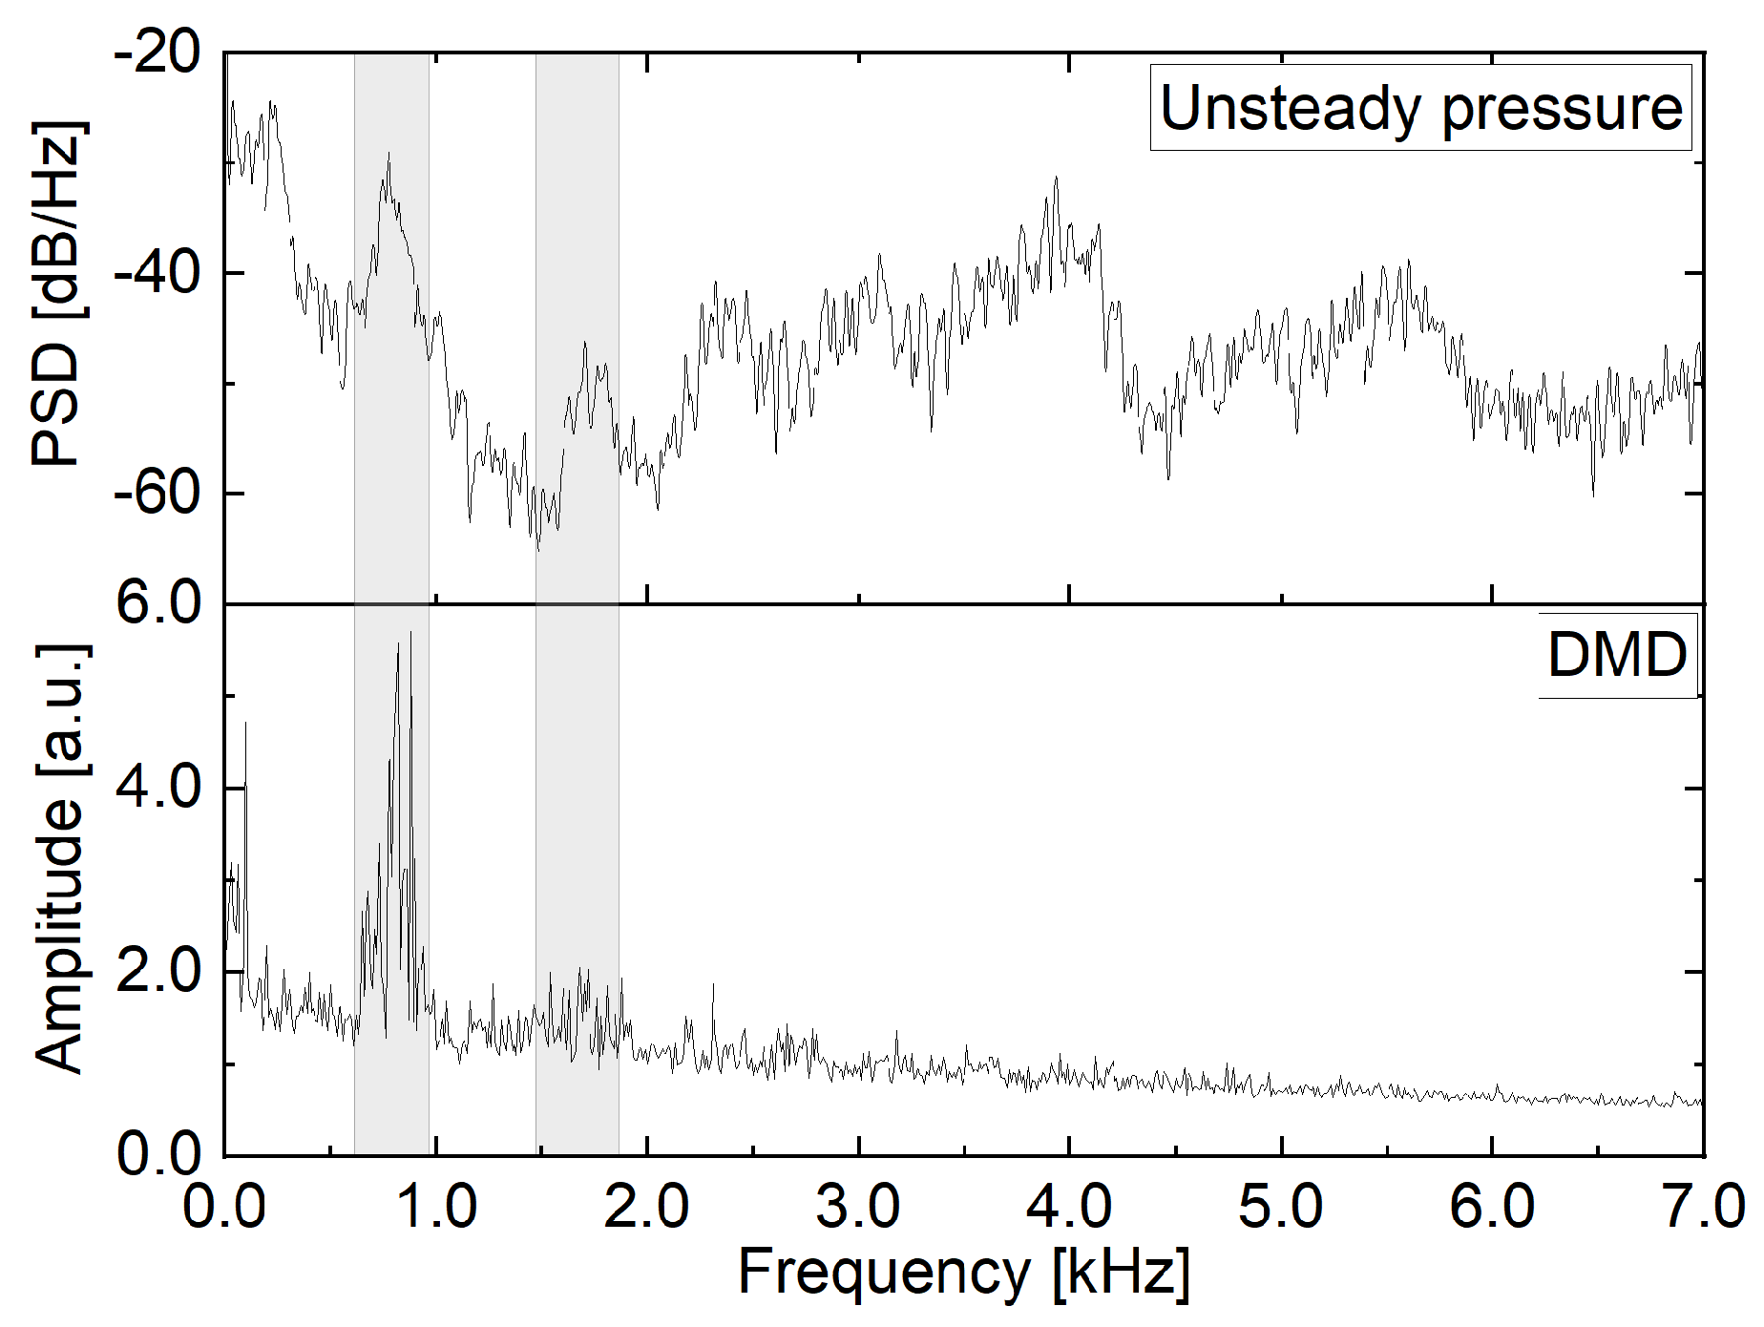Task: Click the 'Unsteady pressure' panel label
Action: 1420,108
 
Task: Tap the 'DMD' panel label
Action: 1617,656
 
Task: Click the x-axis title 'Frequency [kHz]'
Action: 964,1273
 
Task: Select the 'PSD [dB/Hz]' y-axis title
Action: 57,294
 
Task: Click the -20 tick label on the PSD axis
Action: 157,53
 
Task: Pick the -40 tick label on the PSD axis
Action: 157,273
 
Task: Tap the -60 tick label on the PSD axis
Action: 157,494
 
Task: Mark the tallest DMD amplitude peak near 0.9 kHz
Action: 410,633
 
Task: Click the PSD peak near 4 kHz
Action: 1056,178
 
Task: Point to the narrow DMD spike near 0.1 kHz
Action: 246,724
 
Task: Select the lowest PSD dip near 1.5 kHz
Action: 537,550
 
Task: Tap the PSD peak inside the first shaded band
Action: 388,153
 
